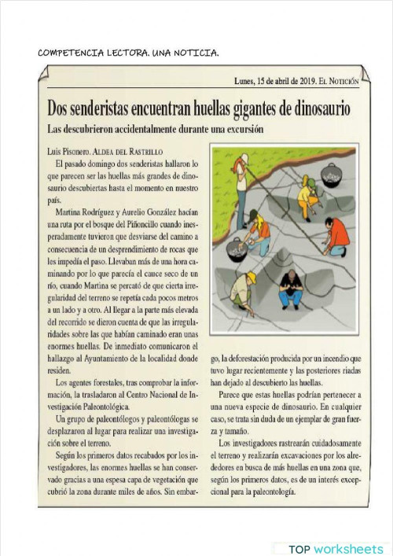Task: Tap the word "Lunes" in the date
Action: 248,81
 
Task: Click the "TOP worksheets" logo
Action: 336,549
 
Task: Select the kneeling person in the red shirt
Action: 336,236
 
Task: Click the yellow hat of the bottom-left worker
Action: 252,276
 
